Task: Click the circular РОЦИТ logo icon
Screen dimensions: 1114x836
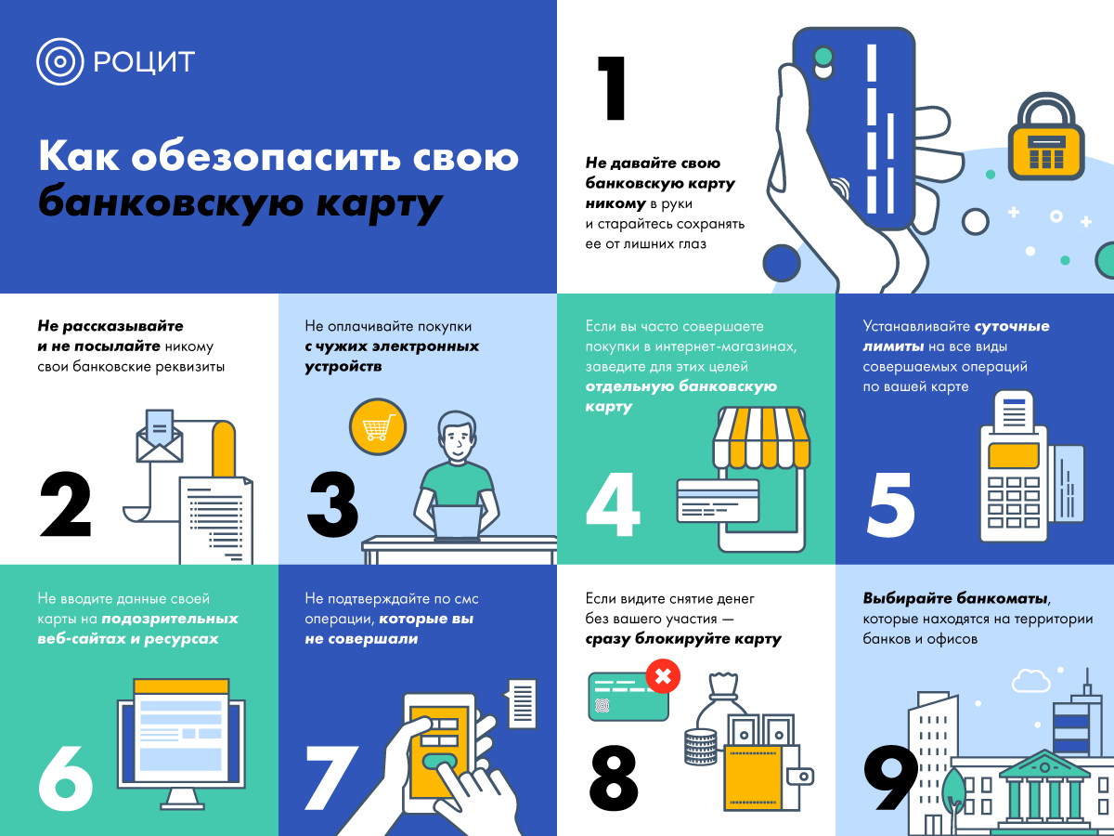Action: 60,61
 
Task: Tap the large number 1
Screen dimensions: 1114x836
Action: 612,88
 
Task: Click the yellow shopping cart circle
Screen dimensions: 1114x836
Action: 378,426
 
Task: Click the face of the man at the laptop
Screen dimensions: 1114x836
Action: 458,440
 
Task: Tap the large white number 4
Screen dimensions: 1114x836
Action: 613,504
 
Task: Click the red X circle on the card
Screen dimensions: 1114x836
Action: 663,676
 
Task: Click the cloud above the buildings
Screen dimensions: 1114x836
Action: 1030,681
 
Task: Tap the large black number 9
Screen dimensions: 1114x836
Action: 890,777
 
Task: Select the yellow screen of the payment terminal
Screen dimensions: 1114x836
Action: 1014,456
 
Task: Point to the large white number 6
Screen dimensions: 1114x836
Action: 66,777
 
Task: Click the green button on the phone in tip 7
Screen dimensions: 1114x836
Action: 439,762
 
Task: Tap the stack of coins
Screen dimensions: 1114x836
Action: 700,747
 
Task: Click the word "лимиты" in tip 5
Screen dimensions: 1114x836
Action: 893,346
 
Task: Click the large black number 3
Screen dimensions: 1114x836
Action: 333,504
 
